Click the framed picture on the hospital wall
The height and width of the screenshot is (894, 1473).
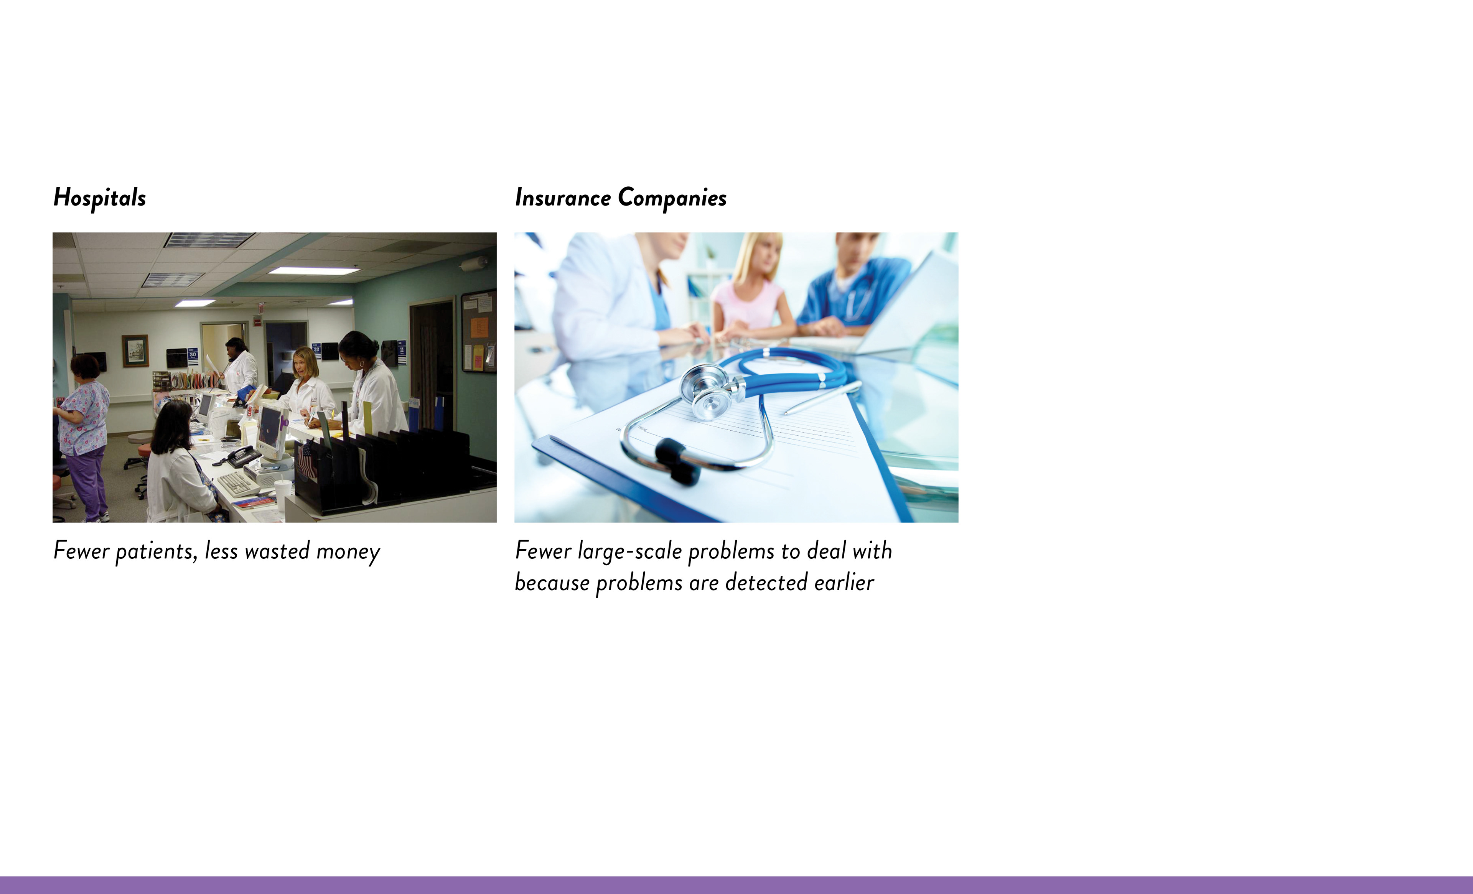coord(135,351)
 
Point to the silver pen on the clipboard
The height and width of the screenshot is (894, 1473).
coord(822,397)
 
